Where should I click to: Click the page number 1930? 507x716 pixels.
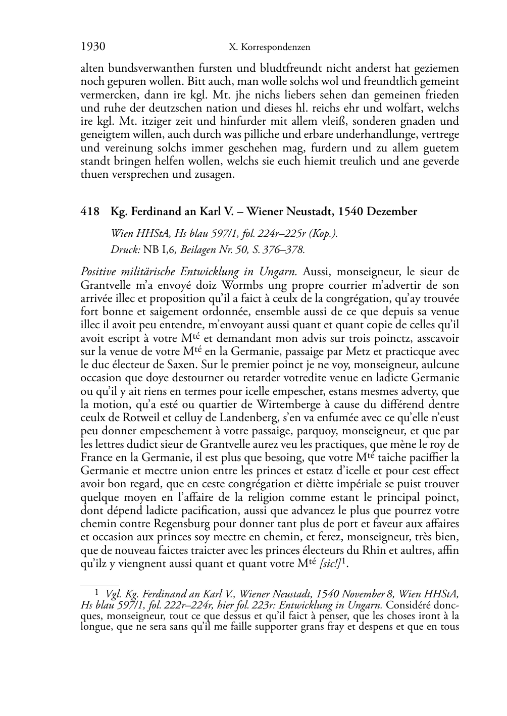tap(93, 47)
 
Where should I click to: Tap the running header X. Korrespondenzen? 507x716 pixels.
tap(269, 48)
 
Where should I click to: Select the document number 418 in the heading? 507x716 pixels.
tap(90, 212)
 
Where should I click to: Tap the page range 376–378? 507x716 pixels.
tap(284, 248)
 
